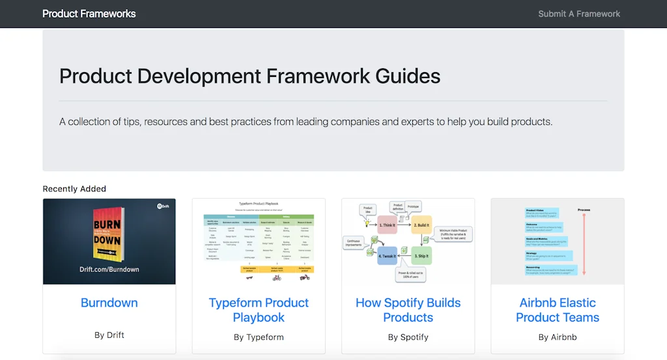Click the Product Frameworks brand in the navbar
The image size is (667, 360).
click(89, 14)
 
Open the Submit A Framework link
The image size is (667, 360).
click(579, 14)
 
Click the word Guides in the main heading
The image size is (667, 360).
click(408, 76)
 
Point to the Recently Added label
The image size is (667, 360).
click(74, 189)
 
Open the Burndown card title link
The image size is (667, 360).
click(109, 303)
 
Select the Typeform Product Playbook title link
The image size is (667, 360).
click(259, 310)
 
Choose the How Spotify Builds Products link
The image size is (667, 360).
click(408, 310)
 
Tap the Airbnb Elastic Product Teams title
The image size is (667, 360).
click(558, 310)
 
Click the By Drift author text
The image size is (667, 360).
click(109, 335)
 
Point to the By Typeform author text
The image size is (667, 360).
click(259, 337)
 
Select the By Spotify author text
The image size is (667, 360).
click(408, 337)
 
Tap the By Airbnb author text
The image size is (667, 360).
click(558, 337)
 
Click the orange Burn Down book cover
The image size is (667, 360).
click(107, 234)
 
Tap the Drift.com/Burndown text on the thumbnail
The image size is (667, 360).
click(109, 269)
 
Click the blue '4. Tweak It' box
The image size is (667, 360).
click(388, 255)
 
